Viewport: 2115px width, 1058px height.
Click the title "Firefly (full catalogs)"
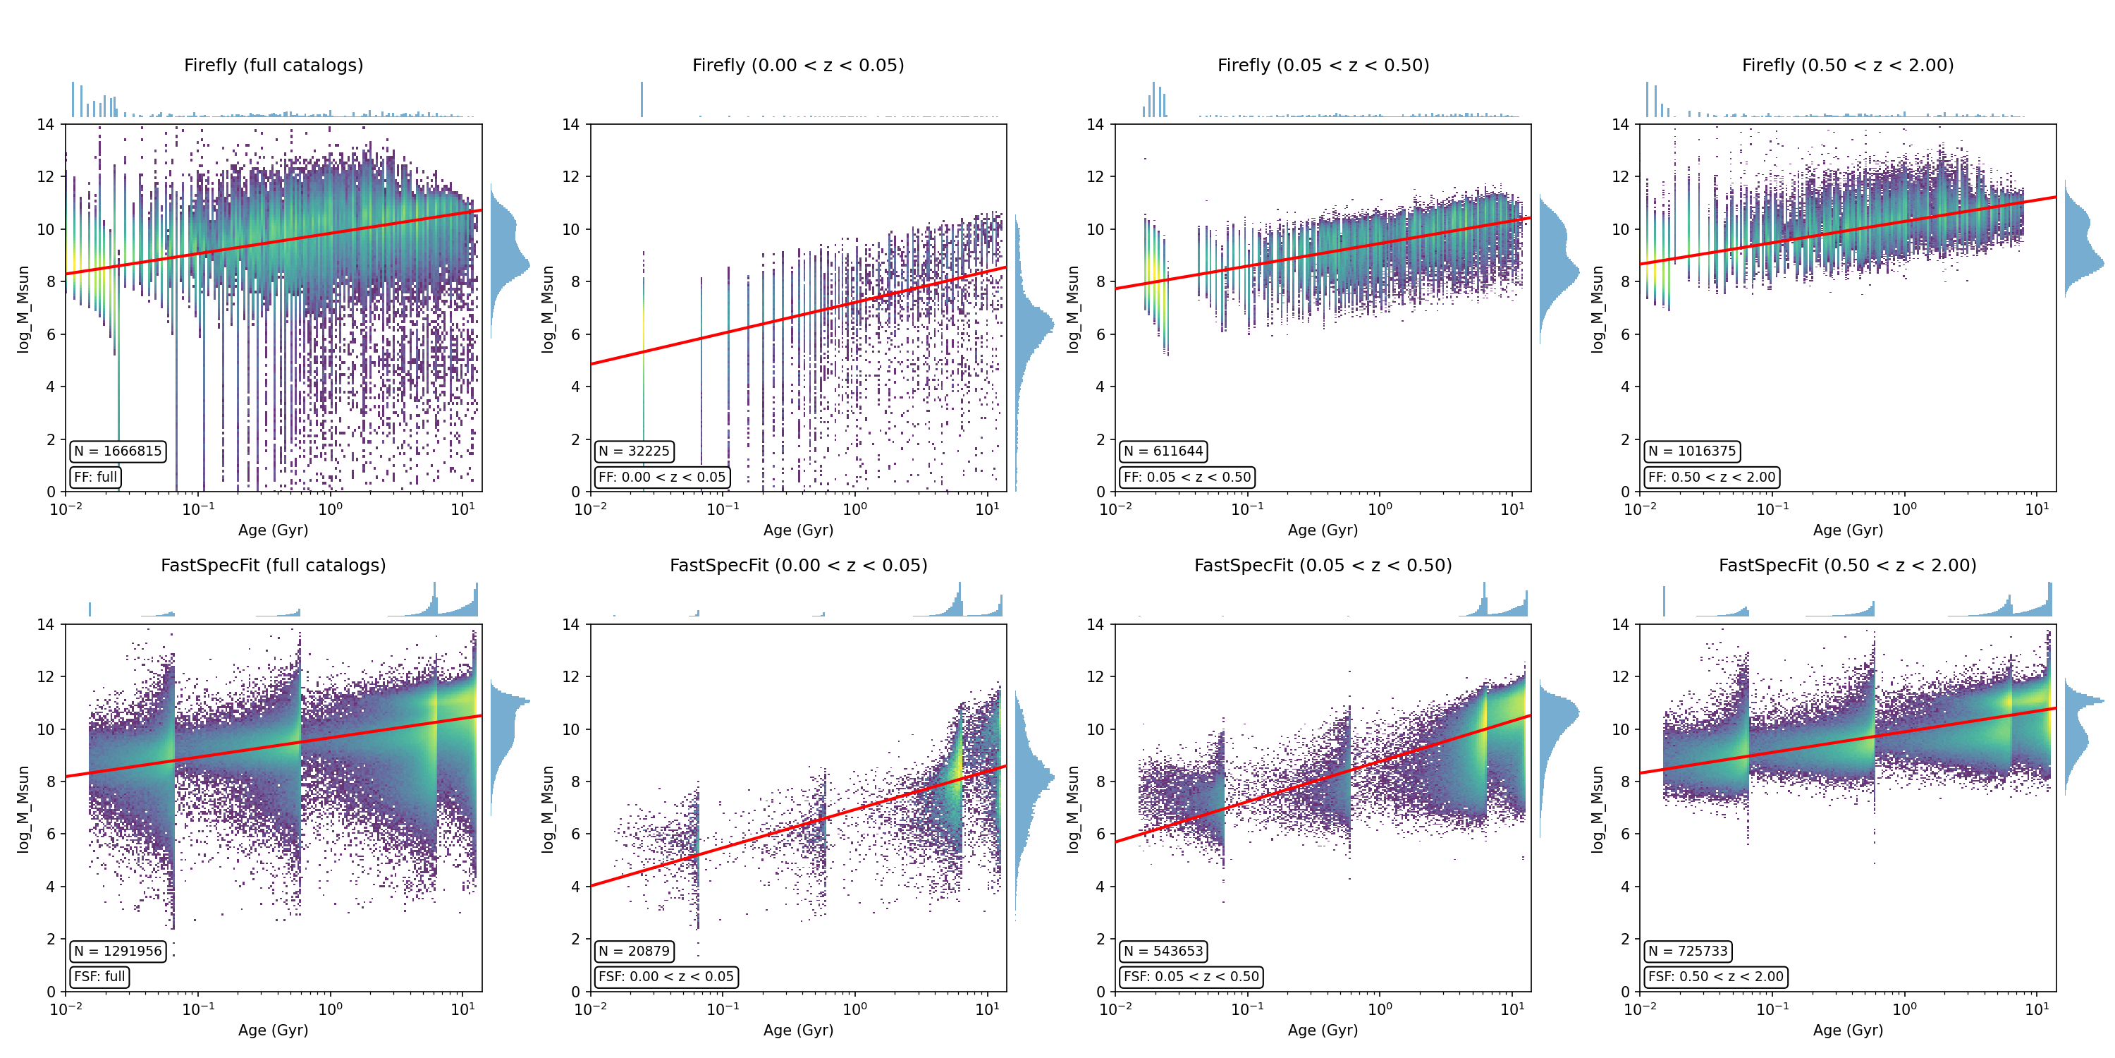pyautogui.click(x=274, y=65)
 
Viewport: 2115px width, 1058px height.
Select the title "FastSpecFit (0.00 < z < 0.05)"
pyautogui.click(x=798, y=565)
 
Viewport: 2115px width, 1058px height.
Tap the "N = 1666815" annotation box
pyautogui.click(x=118, y=451)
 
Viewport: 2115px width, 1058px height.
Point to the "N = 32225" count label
pyautogui.click(x=634, y=451)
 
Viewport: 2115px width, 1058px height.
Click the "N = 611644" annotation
pyautogui.click(x=1163, y=451)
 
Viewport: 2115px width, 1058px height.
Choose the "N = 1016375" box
pyautogui.click(x=1691, y=451)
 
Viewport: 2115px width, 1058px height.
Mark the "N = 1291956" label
pyautogui.click(x=118, y=951)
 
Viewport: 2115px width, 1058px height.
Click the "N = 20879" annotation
pyautogui.click(x=634, y=951)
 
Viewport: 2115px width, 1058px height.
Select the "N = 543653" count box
pyautogui.click(x=1163, y=951)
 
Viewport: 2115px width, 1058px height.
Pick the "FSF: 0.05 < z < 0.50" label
pyautogui.click(x=1191, y=977)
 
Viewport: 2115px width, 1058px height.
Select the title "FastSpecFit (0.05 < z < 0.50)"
pyautogui.click(x=1323, y=565)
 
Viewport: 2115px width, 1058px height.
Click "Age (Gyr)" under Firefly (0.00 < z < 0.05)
pyautogui.click(x=798, y=530)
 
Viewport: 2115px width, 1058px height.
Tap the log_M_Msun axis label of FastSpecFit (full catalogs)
pyautogui.click(x=23, y=809)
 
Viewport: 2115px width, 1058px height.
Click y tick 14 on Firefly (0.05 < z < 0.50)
pyautogui.click(x=1096, y=124)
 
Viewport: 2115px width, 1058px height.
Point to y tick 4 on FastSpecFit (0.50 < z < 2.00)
pyautogui.click(x=1625, y=887)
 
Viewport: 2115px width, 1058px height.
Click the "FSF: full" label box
pyautogui.click(x=99, y=977)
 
